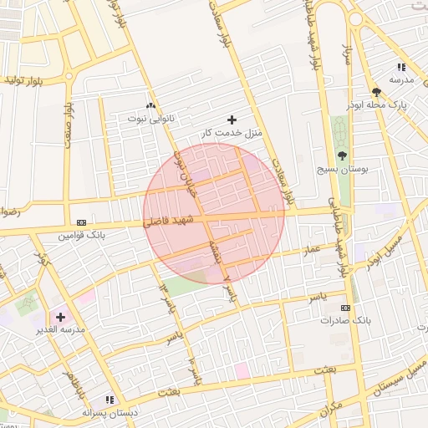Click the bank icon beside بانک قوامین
81,222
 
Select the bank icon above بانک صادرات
345,308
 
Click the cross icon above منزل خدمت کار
232,120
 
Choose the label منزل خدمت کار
232,133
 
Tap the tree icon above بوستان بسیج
342,155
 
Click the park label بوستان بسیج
342,169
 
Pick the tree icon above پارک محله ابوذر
377,92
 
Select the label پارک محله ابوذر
377,105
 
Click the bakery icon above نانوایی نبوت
151,105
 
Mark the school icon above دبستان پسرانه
109,400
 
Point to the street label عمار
313,249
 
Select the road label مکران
329,409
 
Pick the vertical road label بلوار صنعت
68,124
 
